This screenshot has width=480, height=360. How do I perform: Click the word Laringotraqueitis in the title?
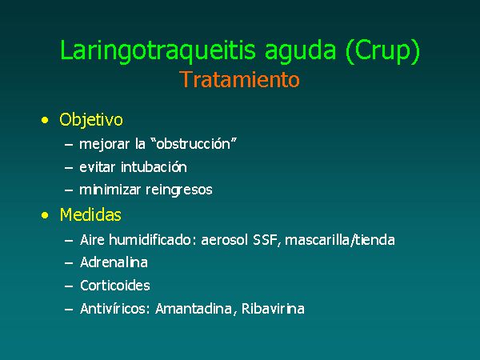tap(158, 50)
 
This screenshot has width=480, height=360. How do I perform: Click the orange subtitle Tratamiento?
tap(239, 79)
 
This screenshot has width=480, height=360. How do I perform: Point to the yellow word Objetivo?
tap(91, 120)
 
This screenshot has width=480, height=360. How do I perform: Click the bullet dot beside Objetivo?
tap(45, 120)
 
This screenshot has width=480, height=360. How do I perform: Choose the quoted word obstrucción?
tap(194, 143)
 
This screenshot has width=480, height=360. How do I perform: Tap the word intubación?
tap(154, 167)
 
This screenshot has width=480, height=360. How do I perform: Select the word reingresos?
tap(179, 190)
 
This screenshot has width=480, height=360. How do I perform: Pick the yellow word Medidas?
tap(90, 214)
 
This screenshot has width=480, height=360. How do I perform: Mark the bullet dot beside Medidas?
tap(45, 215)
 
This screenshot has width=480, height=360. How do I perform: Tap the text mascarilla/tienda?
tap(340, 240)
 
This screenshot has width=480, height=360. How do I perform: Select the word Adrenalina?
tap(114, 262)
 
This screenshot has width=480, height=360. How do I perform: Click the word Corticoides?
tap(115, 286)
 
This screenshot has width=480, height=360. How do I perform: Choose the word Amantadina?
tap(194, 309)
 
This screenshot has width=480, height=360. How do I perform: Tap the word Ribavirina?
tap(273, 309)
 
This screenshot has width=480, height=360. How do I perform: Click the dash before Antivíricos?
tap(69, 309)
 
